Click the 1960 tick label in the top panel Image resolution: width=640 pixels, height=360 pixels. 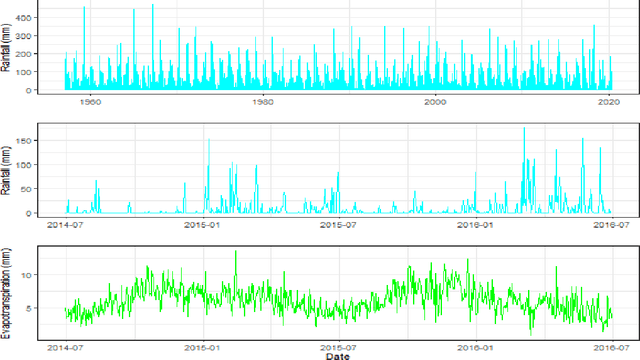[89, 102]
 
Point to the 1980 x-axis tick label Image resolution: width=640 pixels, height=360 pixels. [262, 102]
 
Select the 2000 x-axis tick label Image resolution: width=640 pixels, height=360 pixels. [436, 102]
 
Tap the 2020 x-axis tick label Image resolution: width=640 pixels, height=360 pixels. [609, 102]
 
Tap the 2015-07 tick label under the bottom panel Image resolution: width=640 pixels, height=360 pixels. [338, 348]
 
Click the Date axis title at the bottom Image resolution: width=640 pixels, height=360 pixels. [338, 355]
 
